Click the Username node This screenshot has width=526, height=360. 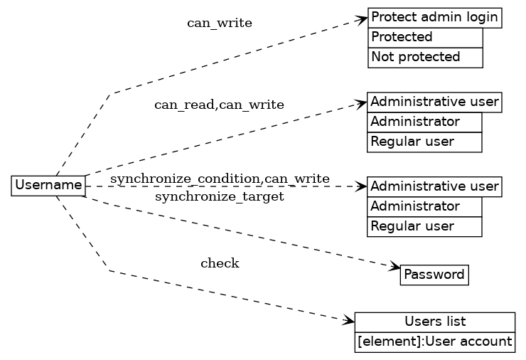click(48, 186)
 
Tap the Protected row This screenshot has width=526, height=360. click(425, 37)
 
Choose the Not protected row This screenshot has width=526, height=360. click(425, 57)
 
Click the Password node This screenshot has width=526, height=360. click(434, 275)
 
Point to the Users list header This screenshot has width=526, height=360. click(434, 322)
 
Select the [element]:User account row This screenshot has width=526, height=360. click(434, 342)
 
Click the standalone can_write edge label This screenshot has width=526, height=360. click(219, 23)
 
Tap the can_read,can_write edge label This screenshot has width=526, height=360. click(219, 105)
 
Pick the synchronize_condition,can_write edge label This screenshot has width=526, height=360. click(219, 178)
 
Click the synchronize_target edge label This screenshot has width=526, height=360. click(219, 196)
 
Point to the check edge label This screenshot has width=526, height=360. click(220, 264)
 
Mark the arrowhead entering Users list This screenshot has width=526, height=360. click(348, 322)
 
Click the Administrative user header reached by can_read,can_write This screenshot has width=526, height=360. click(434, 102)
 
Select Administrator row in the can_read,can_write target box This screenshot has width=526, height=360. click(424, 122)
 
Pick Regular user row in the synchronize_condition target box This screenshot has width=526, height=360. click(424, 226)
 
